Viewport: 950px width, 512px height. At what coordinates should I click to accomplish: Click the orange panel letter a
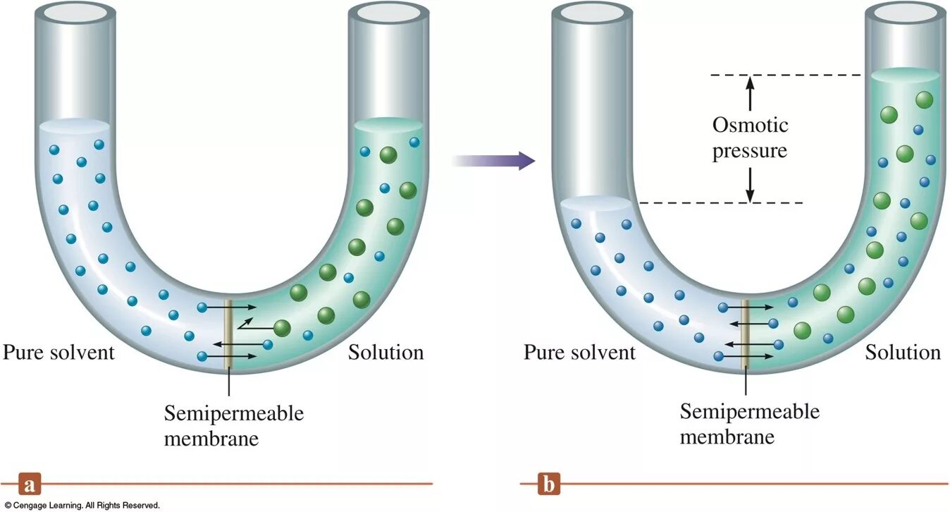click(28, 485)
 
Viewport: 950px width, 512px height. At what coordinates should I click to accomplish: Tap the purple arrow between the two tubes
click(493, 161)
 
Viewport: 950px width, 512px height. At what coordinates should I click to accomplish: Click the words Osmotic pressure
click(750, 138)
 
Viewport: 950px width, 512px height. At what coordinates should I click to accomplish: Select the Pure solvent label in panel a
click(58, 352)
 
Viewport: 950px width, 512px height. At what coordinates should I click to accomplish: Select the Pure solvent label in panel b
click(579, 352)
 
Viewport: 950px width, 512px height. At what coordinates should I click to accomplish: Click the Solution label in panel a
click(386, 352)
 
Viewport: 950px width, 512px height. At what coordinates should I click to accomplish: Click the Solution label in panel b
click(903, 352)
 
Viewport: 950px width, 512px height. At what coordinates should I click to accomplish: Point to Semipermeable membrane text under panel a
click(233, 425)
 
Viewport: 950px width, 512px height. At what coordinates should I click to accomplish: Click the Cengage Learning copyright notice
click(80, 505)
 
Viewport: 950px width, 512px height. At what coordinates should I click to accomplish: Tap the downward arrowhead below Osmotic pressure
click(750, 196)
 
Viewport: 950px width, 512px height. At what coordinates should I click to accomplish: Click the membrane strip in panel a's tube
click(228, 335)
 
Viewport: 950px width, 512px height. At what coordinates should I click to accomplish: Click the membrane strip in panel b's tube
click(746, 335)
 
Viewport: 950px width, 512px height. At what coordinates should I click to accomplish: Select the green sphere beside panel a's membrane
click(282, 328)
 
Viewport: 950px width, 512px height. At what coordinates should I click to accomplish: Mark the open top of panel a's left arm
click(75, 12)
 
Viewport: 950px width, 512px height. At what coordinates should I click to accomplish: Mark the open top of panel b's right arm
click(904, 12)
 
